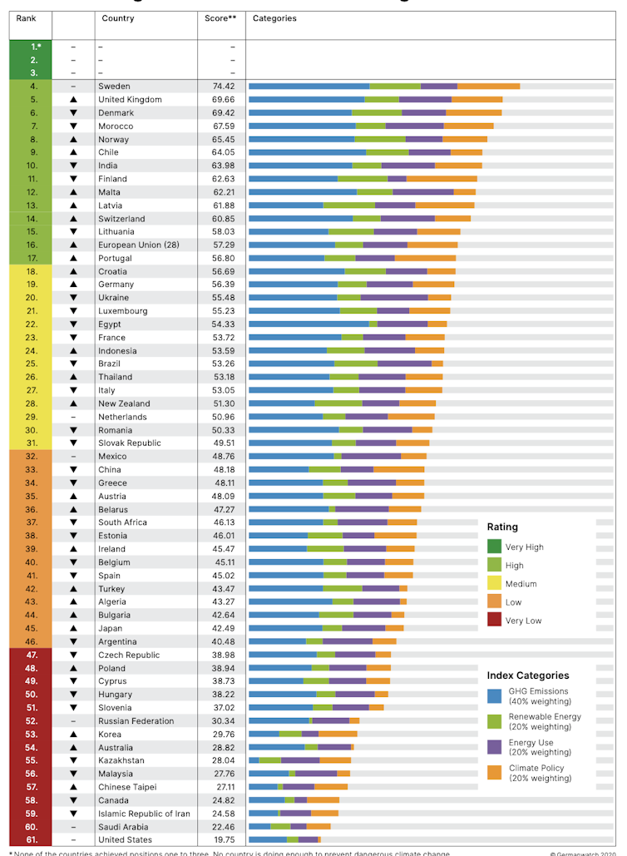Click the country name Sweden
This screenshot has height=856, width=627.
coord(114,87)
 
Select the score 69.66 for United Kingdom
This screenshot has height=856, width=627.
coord(220,100)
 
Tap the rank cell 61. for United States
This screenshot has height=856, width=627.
coord(32,840)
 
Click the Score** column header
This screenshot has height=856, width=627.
coord(220,18)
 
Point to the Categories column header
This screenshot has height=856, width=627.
coord(274,18)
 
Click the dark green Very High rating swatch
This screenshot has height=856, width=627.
coord(494,547)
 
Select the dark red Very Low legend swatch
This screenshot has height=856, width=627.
coord(494,620)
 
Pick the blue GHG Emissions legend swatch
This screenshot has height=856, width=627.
coord(494,695)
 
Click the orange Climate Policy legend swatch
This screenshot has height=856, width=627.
coord(494,773)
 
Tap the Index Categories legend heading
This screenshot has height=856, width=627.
coord(528,675)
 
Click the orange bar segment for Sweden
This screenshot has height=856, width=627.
coord(488,87)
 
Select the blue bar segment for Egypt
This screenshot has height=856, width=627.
coord(309,324)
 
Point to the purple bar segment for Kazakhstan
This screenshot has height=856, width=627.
coord(300,760)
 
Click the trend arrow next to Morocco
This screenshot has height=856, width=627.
coord(73,126)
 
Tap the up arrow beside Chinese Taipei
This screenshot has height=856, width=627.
coord(73,787)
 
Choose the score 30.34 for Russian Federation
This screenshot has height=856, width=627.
coord(220,721)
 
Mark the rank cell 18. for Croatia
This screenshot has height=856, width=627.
coord(32,271)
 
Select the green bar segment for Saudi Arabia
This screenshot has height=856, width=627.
coord(280,827)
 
